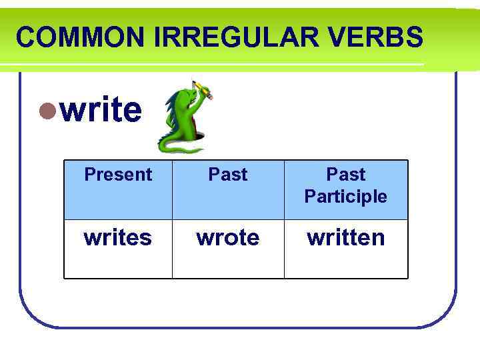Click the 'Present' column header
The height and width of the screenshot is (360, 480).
[118, 175]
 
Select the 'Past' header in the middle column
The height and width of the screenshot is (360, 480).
[228, 175]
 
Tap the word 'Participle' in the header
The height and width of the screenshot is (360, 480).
[345, 197]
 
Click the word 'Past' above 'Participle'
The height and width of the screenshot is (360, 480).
[345, 175]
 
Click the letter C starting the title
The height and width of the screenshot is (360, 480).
[25, 37]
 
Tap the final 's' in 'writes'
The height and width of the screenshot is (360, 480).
[146, 238]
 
